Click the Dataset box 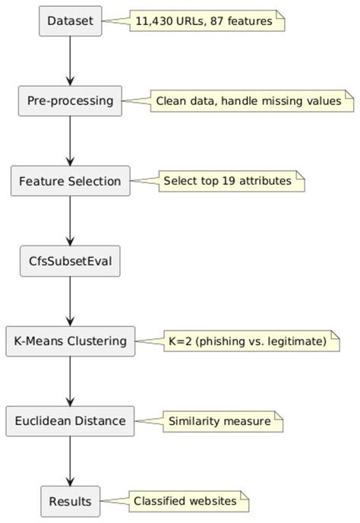(x=70, y=21)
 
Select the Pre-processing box (x=70, y=101)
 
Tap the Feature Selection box (x=70, y=182)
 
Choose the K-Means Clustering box (x=70, y=341)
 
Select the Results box (x=70, y=501)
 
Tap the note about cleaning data (x=248, y=101)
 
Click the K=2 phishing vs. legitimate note (x=246, y=341)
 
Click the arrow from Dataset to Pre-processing (x=70, y=61)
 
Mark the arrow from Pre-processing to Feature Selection (x=70, y=141)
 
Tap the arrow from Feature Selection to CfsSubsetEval (x=70, y=221)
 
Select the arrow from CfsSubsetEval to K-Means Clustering (x=70, y=301)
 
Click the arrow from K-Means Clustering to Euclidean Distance (x=70, y=381)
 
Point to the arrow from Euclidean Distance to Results (x=70, y=461)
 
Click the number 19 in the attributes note (x=229, y=182)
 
